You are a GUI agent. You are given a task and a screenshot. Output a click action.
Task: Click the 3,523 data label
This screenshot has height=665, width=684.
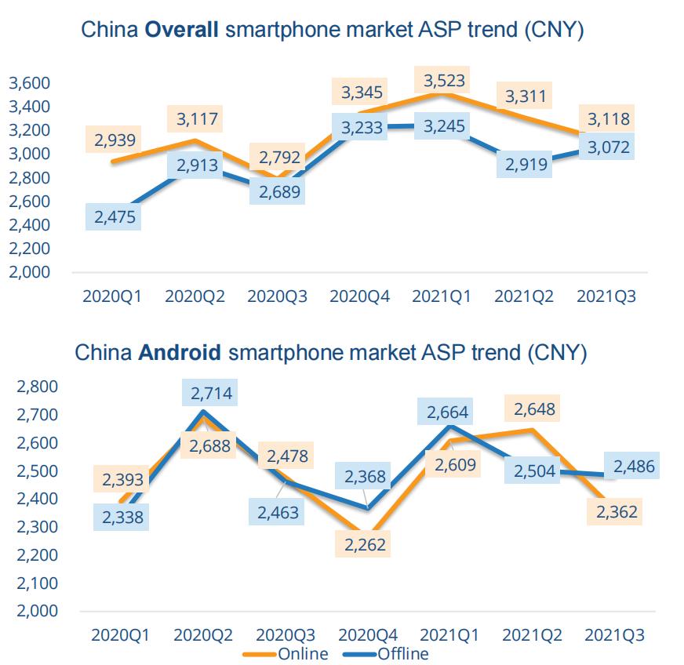445,80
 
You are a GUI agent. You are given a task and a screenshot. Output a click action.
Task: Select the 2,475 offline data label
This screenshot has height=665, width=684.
115,217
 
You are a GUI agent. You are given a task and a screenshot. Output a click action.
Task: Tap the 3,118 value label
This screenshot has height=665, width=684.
609,119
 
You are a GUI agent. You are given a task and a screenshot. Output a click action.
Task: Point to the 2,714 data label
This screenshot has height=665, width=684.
211,393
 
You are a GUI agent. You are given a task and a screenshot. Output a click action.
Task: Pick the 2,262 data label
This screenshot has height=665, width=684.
364,544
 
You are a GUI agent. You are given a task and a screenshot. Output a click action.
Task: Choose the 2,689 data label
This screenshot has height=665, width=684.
277,192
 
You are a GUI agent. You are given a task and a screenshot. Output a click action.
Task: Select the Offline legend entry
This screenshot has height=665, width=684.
402,653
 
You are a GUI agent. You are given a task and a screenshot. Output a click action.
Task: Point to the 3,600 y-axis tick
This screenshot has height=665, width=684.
29,83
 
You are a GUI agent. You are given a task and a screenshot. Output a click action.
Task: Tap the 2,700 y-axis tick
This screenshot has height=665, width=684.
36,415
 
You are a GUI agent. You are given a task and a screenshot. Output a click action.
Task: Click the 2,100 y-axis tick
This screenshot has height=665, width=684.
36,583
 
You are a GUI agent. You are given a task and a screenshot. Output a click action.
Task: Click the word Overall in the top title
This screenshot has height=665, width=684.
184,31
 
